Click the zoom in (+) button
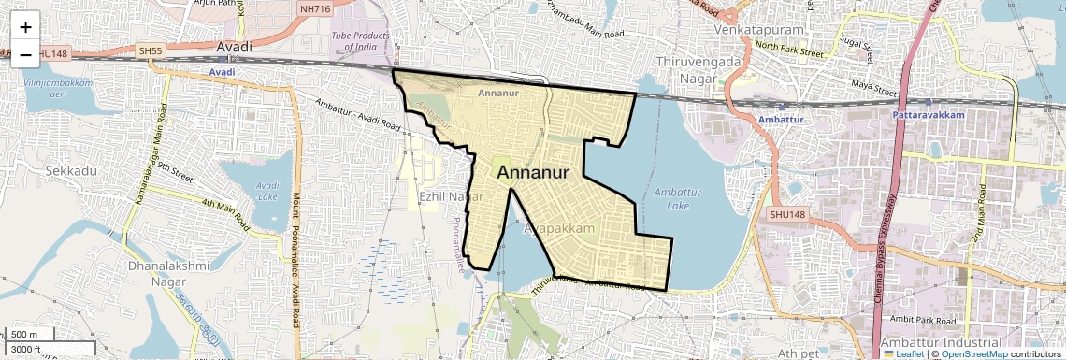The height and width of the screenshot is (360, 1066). coord(25,27)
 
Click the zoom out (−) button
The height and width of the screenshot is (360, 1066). coord(25,55)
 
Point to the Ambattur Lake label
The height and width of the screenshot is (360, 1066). coord(670,198)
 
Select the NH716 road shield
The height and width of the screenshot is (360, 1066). coord(317,9)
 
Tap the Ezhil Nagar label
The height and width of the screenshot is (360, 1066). coord(451,197)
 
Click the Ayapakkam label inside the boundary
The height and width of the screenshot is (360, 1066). coord(560,228)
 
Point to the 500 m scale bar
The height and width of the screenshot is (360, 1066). coord(30,335)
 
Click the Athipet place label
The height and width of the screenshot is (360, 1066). coord(798,353)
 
